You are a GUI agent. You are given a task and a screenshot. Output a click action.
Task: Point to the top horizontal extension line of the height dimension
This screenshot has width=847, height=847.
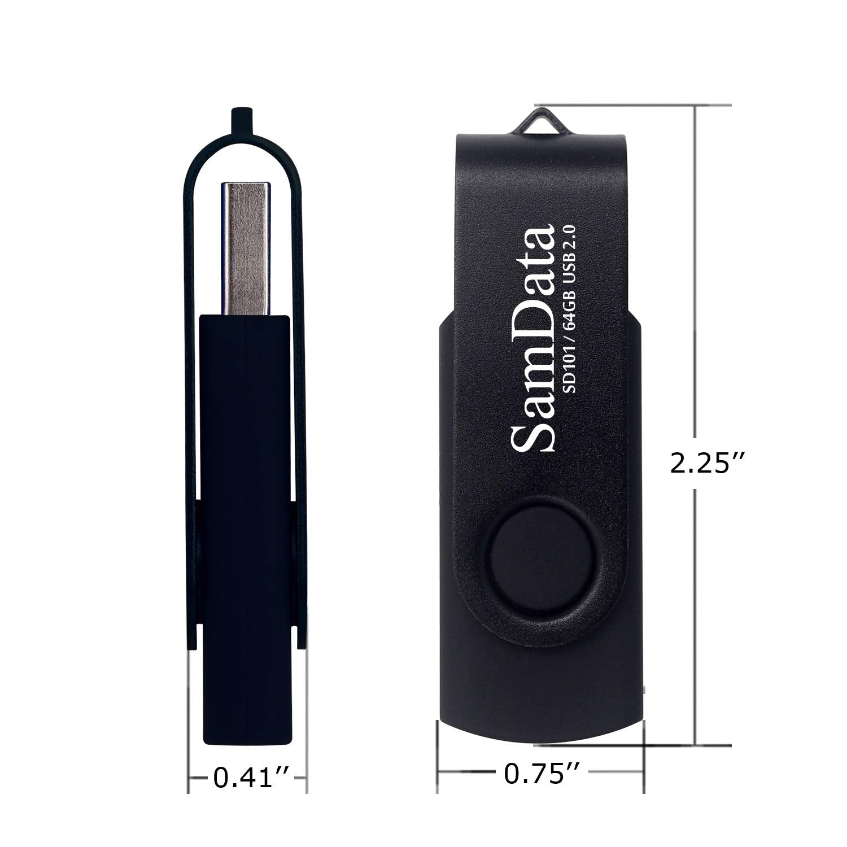[632, 105]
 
